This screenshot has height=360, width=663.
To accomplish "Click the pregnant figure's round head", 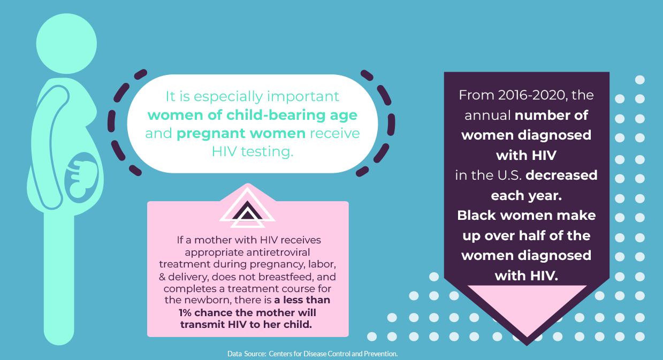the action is [x=66, y=43].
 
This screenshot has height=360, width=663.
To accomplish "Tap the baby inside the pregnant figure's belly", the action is [x=83, y=179].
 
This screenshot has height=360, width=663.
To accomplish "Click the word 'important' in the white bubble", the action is [x=303, y=97].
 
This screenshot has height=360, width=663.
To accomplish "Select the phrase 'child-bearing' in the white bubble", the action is [x=276, y=115].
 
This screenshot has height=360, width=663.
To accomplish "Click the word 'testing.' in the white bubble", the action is [x=267, y=152].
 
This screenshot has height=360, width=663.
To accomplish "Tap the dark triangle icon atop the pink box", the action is [x=247, y=211].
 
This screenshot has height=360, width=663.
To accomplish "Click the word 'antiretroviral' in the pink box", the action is [x=278, y=252].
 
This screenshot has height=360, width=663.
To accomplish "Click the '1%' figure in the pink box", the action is [x=185, y=313].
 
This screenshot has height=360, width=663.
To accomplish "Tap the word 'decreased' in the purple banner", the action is [x=561, y=175].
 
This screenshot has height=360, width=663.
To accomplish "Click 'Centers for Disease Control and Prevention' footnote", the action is [x=333, y=354].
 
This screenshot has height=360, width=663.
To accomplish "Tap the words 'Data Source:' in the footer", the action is [x=247, y=354].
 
